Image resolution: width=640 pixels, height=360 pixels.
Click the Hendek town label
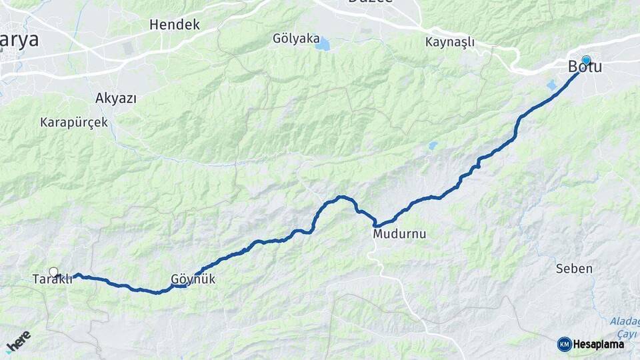tap(175, 25)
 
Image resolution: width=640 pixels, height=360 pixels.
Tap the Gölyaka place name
tap(296, 39)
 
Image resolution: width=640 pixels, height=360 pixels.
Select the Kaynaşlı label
tap(450, 42)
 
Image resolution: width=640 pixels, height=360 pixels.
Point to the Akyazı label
tap(116, 99)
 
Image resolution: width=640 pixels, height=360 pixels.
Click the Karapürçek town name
tap(74, 123)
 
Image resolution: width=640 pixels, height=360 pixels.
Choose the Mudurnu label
tap(399, 234)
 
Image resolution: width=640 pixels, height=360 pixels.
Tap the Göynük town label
tap(193, 280)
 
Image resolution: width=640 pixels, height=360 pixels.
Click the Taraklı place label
tap(52, 279)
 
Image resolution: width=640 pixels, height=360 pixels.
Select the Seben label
tap(573, 269)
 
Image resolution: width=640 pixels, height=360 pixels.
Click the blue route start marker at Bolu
tap(586, 60)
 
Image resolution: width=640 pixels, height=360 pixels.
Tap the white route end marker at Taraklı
tap(54, 272)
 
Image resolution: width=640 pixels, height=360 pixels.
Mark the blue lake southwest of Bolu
tap(551, 85)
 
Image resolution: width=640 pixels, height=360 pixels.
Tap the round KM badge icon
tap(564, 344)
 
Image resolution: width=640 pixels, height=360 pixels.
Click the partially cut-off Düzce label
tap(371, 3)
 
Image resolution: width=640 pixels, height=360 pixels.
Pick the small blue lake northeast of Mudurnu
tap(433, 145)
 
